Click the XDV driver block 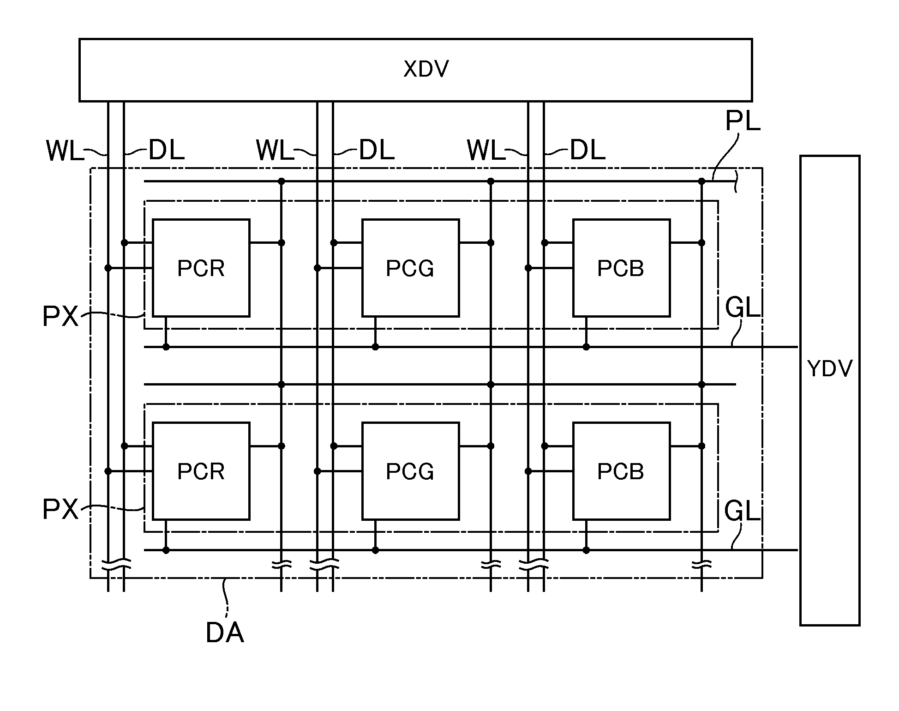(415, 70)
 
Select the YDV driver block (830, 391)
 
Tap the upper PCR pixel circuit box (201, 268)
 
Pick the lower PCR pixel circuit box (201, 471)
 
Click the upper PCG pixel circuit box (410, 268)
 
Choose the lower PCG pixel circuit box (410, 471)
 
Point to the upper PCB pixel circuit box (621, 268)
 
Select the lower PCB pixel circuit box (621, 471)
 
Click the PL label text (743, 121)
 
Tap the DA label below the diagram (225, 633)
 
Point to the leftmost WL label (65, 151)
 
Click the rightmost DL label (587, 150)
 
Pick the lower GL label (742, 511)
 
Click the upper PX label (60, 317)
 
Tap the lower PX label (60, 509)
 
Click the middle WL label (275, 151)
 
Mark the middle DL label (377, 150)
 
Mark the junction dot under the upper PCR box (166, 347)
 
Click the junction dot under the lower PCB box (586, 550)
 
